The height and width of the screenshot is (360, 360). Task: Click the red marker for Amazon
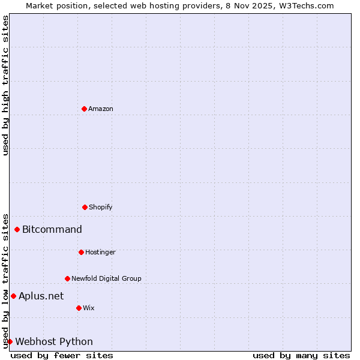pos(84,109)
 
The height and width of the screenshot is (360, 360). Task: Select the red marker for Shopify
pos(85,207)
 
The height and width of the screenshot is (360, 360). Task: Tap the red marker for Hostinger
pos(81,252)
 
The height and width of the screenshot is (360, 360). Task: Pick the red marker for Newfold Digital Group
pos(67,278)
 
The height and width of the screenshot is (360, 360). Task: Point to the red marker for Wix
pos(79,308)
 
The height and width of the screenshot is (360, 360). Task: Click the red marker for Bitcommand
pos(17,229)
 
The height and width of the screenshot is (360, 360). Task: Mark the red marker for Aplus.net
pos(13,296)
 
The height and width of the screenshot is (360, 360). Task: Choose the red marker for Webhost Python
pos(10,341)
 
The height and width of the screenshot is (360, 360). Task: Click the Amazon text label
pos(101,109)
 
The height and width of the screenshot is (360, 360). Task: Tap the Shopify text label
pos(101,207)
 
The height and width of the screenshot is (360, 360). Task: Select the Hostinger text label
pos(100,252)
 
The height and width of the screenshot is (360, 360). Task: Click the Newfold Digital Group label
pos(106,278)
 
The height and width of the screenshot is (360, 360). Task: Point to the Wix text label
pos(89,308)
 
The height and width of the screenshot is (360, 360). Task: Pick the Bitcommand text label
pos(52,229)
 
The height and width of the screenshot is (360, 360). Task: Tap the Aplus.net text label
pos(41,296)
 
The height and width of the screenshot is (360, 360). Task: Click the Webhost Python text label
pos(54,341)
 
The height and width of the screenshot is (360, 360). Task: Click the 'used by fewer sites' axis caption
pos(62,355)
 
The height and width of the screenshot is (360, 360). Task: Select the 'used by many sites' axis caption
pos(301,355)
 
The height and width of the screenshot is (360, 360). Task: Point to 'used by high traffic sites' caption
pos(5,85)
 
